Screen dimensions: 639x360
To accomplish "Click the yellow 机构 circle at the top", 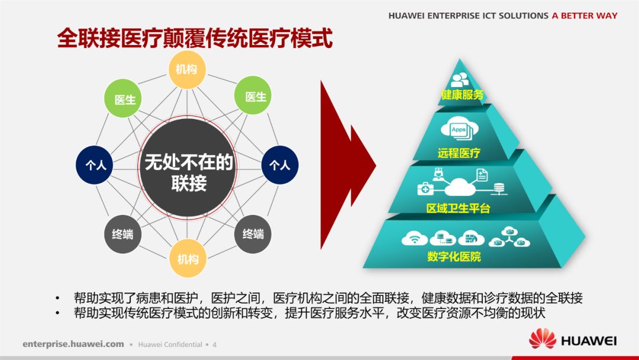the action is click(187, 70).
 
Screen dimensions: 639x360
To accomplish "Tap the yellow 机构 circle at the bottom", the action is click(188, 259).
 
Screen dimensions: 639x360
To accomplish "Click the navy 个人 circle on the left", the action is click(95, 165).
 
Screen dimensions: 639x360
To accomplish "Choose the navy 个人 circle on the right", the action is click(280, 165).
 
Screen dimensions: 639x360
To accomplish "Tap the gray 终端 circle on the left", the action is click(123, 234).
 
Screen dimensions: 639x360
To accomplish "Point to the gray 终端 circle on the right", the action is click(253, 234).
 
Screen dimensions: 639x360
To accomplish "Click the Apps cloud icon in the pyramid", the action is click(459, 130).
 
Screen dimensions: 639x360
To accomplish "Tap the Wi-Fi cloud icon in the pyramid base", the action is click(414, 239).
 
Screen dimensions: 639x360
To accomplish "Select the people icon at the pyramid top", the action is click(460, 79).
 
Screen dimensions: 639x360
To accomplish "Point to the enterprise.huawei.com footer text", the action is click(73, 344).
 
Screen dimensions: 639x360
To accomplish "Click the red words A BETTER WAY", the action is click(584, 16).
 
